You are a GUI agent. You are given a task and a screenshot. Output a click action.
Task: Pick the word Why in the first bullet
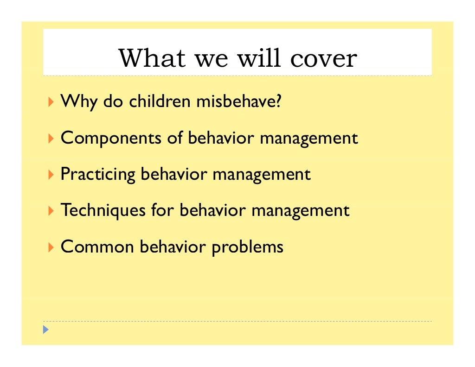pos(78,101)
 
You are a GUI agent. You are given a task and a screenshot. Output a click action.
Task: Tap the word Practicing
pos(98,174)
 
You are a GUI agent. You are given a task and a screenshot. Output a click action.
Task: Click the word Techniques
pos(103,210)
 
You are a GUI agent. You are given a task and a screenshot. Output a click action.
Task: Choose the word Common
pos(97,247)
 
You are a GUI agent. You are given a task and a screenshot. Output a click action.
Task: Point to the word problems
pos(247,247)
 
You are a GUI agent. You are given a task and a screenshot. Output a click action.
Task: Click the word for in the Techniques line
pos(162,210)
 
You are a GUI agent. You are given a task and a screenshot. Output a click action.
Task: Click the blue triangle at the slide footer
pos(45,330)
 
